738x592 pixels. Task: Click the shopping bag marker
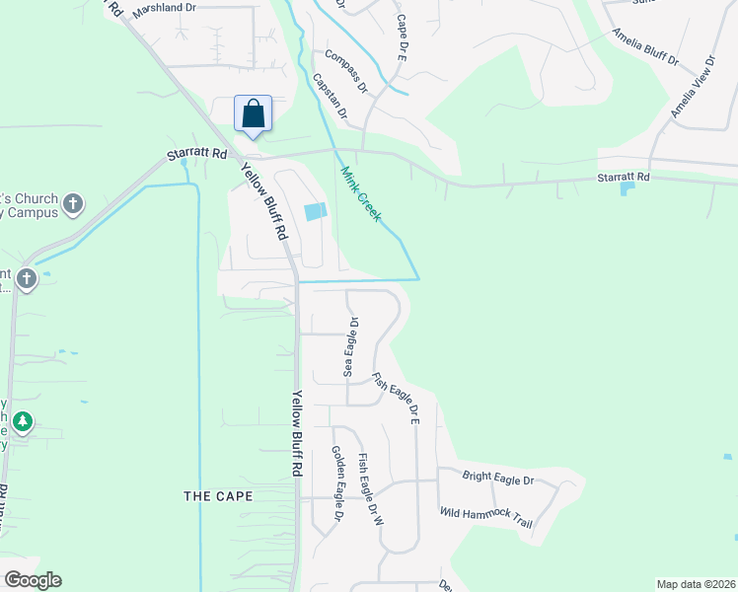[x=254, y=114]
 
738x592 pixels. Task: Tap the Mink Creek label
[x=360, y=193]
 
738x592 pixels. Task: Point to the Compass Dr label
[x=345, y=72]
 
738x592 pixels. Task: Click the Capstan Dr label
[x=331, y=96]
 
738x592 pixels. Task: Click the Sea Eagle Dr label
[x=348, y=346]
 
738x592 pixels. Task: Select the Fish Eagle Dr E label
[x=397, y=399]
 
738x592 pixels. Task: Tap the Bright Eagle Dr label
[x=497, y=478]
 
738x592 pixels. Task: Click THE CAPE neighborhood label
[x=218, y=496]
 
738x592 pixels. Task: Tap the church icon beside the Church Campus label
[x=72, y=204]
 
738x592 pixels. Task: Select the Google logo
[x=32, y=580]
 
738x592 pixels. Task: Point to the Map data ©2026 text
[x=696, y=584]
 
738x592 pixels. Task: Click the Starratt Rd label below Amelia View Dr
[x=624, y=177]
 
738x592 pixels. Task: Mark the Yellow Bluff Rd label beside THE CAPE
[x=296, y=434]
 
